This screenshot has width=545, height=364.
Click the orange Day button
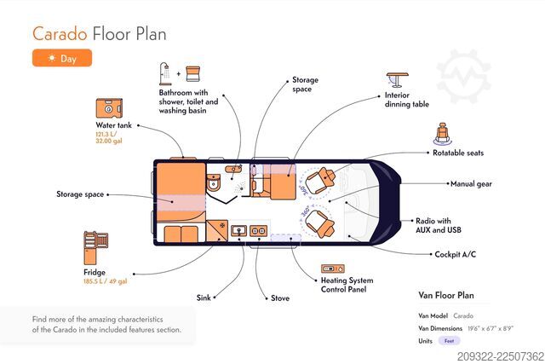(x=62, y=58)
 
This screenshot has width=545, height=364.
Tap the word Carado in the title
(x=60, y=34)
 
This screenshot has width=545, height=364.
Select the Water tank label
(x=113, y=125)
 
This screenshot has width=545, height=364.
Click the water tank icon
(x=109, y=108)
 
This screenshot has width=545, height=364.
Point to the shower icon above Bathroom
(x=165, y=74)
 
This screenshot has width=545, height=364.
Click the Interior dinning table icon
(x=398, y=80)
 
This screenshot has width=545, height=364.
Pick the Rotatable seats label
(x=458, y=153)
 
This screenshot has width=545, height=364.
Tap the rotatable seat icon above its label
(x=443, y=134)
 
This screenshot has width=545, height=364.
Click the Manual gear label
(x=471, y=184)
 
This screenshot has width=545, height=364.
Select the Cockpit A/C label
(x=455, y=254)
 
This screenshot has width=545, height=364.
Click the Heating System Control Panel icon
(x=333, y=269)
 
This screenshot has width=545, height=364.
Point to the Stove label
(x=280, y=298)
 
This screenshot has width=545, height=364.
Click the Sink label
(x=204, y=298)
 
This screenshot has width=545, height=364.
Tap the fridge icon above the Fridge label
(x=95, y=248)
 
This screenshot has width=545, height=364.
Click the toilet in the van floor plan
(x=213, y=182)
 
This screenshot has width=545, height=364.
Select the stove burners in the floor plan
(x=258, y=231)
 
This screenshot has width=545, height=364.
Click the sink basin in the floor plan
(x=239, y=230)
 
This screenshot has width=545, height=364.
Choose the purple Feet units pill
(x=449, y=341)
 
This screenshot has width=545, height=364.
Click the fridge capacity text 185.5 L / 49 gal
(x=106, y=281)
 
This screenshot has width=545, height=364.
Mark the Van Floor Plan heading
(x=446, y=296)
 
